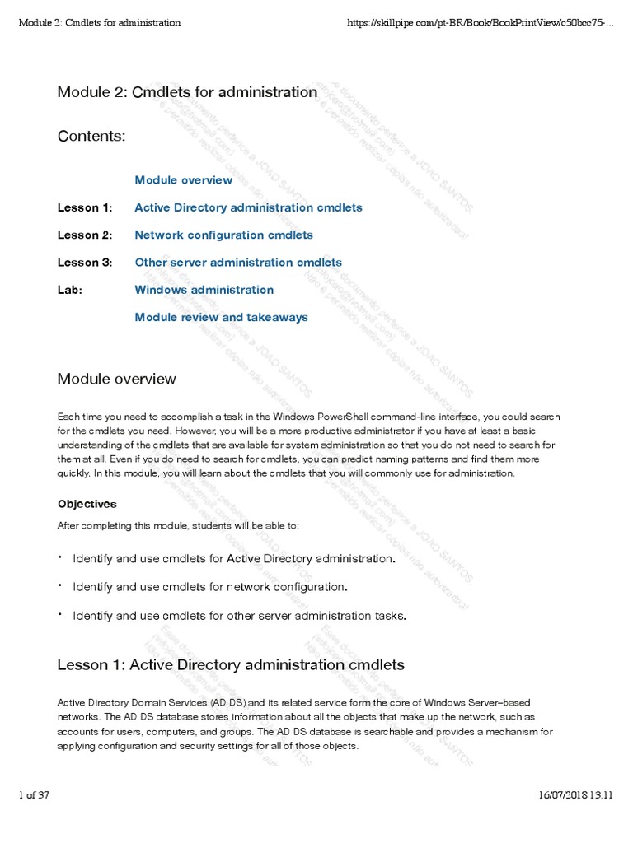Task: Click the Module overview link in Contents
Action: (183, 180)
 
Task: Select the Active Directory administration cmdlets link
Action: (248, 207)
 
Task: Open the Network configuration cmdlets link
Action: (223, 235)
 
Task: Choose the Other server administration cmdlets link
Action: (238, 263)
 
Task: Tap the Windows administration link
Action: (204, 290)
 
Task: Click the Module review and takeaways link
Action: (221, 317)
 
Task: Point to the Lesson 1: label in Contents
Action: (84, 207)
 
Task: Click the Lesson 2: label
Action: (84, 235)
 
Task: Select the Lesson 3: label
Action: (84, 263)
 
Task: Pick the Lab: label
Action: (70, 290)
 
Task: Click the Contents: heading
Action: (91, 136)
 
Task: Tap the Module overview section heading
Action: (116, 379)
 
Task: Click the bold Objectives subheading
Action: (87, 504)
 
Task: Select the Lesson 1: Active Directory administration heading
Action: (231, 664)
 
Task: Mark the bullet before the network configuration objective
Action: (60, 585)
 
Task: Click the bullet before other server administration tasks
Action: (60, 613)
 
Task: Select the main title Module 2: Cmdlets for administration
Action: (187, 92)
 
